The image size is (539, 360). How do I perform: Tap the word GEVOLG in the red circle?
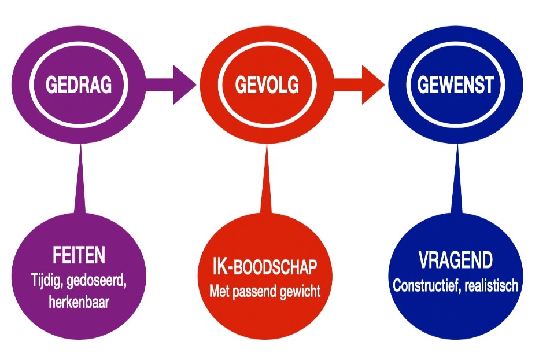pyautogui.click(x=267, y=86)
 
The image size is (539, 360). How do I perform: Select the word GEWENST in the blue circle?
pyautogui.click(x=456, y=86)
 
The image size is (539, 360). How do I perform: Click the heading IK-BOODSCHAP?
pyautogui.click(x=264, y=269)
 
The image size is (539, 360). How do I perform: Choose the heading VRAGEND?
pyautogui.click(x=456, y=260)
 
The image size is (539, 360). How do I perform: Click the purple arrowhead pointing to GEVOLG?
pyautogui.click(x=184, y=86)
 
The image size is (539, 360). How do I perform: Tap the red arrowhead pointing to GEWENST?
pyautogui.click(x=373, y=86)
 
